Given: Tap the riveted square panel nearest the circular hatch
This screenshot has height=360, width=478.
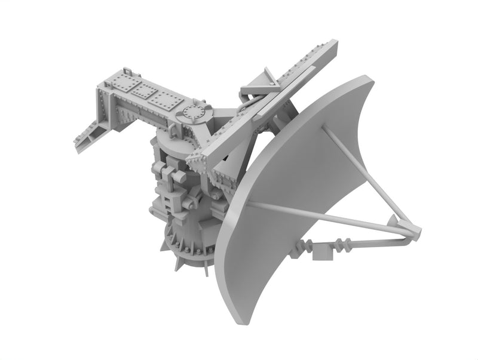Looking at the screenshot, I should [x=167, y=100].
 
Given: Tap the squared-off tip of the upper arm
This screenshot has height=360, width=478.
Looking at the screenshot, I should [x=333, y=47].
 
